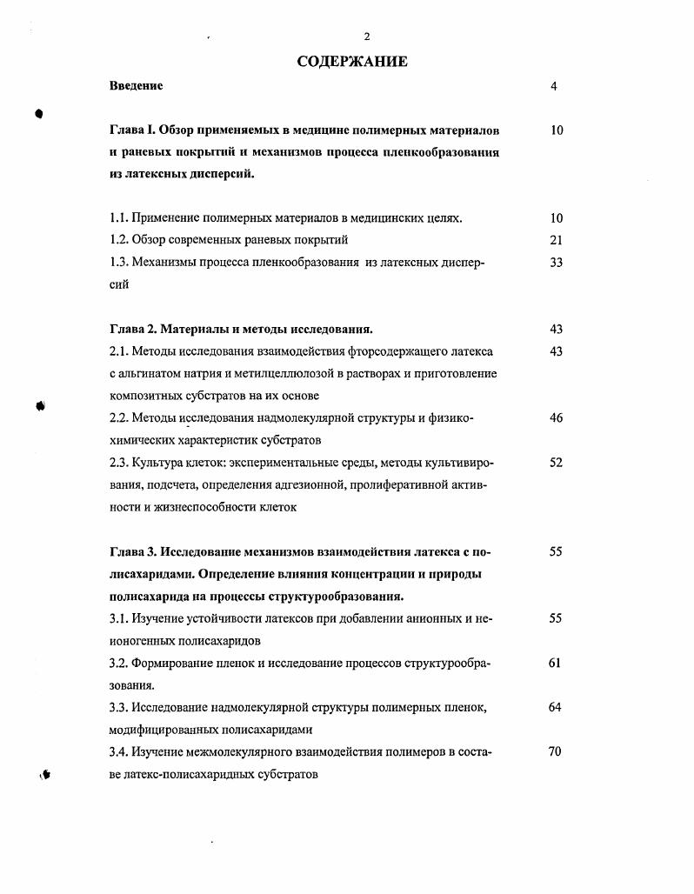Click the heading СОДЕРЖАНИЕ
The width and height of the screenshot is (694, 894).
pos(352,62)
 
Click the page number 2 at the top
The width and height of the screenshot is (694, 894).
pos(367,36)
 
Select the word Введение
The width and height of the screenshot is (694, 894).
pos(137,86)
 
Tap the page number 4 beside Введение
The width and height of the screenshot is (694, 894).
pos(554,86)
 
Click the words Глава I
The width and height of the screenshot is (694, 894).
pos(131,130)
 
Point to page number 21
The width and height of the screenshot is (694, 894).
pos(557,240)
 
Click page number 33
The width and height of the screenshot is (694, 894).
pos(557,263)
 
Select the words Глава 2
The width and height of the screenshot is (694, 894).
pos(130,329)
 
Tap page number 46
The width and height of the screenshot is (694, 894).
pos(557,418)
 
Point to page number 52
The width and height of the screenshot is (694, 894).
pos(557,463)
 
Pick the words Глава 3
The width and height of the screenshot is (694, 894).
pos(130,552)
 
